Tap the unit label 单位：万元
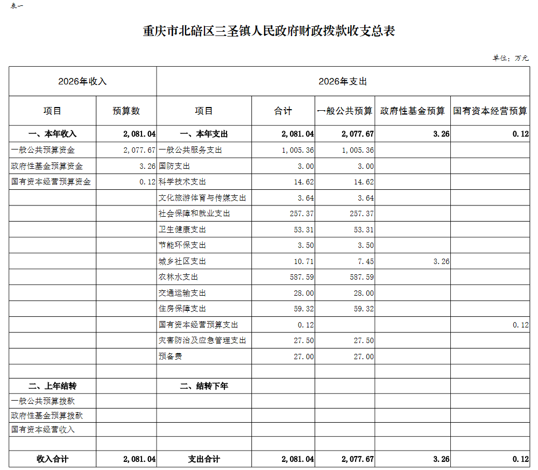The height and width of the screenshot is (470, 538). pyautogui.click(x=511, y=58)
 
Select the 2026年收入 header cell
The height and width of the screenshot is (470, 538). pyautogui.click(x=82, y=81)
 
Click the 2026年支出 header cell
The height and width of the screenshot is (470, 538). pyautogui.click(x=343, y=81)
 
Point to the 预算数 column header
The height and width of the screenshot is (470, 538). pyautogui.click(x=126, y=111)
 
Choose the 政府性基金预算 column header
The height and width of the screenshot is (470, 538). pyautogui.click(x=413, y=111)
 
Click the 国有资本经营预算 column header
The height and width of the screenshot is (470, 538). pyautogui.click(x=490, y=111)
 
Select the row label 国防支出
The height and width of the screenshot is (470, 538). pyautogui.click(x=174, y=166)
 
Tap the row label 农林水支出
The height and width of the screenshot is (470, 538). pyautogui.click(x=178, y=277)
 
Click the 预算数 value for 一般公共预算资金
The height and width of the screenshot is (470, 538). pyautogui.click(x=139, y=150)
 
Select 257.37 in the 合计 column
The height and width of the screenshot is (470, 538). pyautogui.click(x=302, y=213)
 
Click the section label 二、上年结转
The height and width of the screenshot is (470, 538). pyautogui.click(x=53, y=386)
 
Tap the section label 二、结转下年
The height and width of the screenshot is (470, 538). pyautogui.click(x=204, y=386)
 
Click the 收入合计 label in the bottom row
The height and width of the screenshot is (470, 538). pyautogui.click(x=53, y=459)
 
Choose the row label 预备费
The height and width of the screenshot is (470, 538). pyautogui.click(x=170, y=356)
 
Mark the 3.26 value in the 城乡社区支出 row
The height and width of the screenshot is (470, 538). pyautogui.click(x=441, y=261)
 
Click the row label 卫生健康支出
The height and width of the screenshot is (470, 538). pyautogui.click(x=182, y=230)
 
